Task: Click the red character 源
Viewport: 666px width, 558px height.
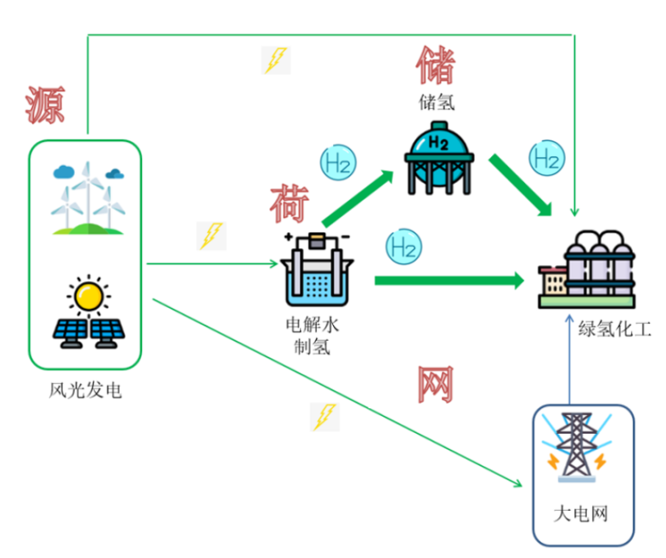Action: point(44,104)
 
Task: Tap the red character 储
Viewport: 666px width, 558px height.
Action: point(435,64)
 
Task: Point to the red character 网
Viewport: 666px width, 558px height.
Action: point(435,384)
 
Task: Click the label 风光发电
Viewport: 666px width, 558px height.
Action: point(85,389)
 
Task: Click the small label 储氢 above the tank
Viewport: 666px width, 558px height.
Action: point(436,101)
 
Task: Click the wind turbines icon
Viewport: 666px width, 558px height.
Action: point(86,198)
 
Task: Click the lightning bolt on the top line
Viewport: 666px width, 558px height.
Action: point(276,59)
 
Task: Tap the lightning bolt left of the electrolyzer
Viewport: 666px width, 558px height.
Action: point(210,235)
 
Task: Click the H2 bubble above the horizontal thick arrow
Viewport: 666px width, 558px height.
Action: point(403,246)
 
